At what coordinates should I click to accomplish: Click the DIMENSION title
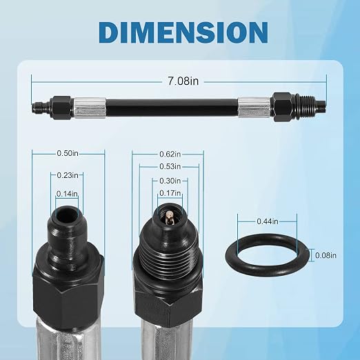(x=183, y=32)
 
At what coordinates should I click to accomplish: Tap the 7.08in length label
(x=183, y=81)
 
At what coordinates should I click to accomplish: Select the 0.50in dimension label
(x=68, y=153)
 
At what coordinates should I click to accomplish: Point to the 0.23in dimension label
(x=68, y=175)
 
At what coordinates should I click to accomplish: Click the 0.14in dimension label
(x=67, y=194)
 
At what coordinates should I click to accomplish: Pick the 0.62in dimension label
(x=170, y=154)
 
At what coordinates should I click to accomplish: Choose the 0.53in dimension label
(x=170, y=166)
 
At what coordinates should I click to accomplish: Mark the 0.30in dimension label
(x=170, y=181)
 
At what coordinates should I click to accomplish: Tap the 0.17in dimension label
(x=170, y=193)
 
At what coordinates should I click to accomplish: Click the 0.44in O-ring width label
(x=268, y=221)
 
